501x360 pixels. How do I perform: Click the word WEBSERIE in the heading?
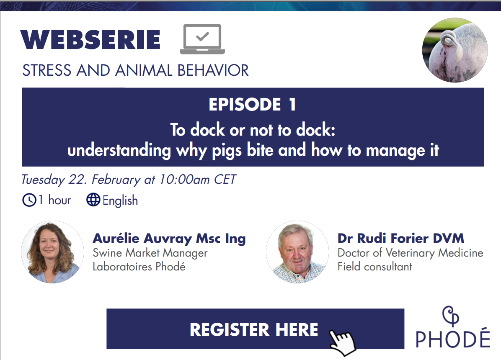(x=90, y=40)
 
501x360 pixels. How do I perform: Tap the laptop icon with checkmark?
(x=202, y=39)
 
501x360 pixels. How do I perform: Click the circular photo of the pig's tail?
(x=455, y=50)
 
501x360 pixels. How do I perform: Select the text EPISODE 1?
(x=253, y=105)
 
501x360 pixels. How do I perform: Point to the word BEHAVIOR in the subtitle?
(x=213, y=70)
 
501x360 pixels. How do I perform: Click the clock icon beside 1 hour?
(x=29, y=200)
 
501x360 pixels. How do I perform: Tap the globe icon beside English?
(x=93, y=200)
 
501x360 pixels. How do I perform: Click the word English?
(x=120, y=201)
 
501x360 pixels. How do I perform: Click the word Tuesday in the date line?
(x=43, y=180)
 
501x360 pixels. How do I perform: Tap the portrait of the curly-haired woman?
(x=52, y=252)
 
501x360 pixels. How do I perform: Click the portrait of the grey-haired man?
(x=297, y=252)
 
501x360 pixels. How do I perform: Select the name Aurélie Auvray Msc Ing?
(x=169, y=238)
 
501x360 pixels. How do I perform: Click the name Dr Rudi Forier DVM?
(x=400, y=238)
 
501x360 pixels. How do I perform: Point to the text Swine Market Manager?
(x=150, y=253)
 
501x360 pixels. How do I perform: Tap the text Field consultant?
(x=375, y=266)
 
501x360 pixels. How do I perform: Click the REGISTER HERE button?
(x=255, y=329)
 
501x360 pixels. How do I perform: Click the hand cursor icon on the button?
(x=342, y=342)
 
